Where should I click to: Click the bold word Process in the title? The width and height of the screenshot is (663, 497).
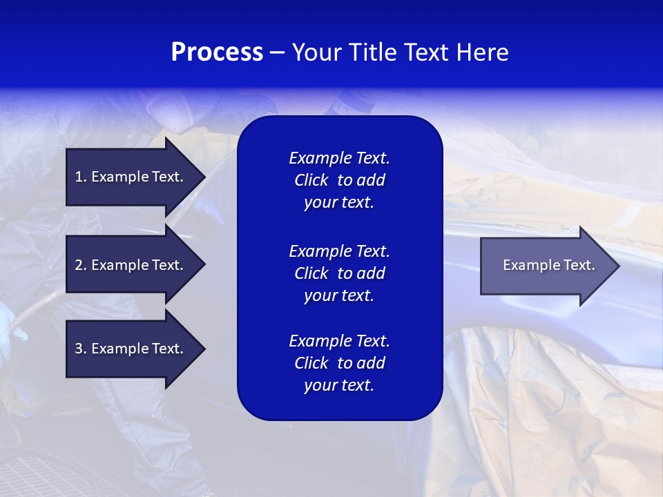tap(217, 52)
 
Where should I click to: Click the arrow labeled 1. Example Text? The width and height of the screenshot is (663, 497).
tap(129, 177)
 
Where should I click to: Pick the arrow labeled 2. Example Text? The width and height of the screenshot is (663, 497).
tap(129, 265)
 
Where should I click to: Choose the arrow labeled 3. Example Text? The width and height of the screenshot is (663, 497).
tap(129, 349)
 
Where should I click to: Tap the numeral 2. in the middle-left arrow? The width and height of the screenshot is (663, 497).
tap(80, 265)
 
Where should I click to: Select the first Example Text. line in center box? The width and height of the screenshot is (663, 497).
tap(339, 158)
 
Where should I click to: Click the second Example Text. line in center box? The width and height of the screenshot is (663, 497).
tap(339, 251)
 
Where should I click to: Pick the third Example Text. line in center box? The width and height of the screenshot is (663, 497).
tap(339, 341)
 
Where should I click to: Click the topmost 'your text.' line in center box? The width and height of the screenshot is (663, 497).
tap(339, 203)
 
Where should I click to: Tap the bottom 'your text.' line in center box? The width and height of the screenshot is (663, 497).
tap(339, 386)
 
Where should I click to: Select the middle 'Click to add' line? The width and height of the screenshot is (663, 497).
tap(339, 273)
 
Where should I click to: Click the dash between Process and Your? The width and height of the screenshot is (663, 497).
tap(277, 53)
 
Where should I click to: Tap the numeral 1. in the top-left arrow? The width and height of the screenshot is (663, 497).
tap(80, 177)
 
